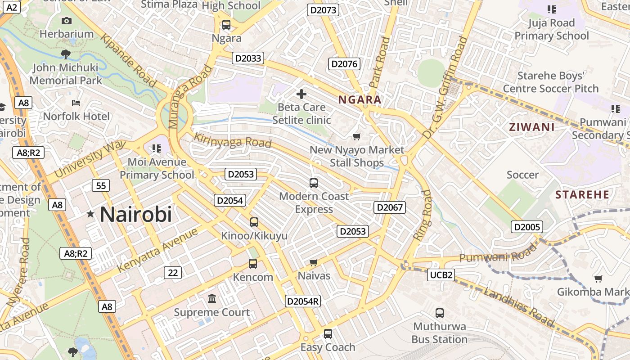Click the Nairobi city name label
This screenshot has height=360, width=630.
coord(136,214)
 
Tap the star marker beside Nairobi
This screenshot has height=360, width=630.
coord(91,214)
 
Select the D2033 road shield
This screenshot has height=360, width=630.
coord(247,58)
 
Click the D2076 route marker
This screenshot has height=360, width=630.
coord(344,64)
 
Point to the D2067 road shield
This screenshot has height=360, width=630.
coord(390,207)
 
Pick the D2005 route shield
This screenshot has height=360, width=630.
coord(527,227)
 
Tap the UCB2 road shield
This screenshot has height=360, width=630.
coord(441,275)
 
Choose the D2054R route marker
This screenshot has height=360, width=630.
coord(303,301)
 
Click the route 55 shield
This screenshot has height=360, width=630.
coord(101,185)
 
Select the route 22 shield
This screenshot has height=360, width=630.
coord(173,272)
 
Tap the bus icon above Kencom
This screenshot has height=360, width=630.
coord(253,264)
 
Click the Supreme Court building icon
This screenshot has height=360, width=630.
coord(211,299)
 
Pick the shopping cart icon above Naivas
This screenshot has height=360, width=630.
coord(314,262)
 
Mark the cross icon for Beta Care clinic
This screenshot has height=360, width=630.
coord(301,94)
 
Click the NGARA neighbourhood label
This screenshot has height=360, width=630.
coord(360,100)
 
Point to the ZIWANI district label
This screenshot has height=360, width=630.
coord(531,127)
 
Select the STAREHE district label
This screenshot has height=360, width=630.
coord(582,195)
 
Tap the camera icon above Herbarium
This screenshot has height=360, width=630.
coord(66,21)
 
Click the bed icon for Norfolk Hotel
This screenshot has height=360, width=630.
coord(76,103)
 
